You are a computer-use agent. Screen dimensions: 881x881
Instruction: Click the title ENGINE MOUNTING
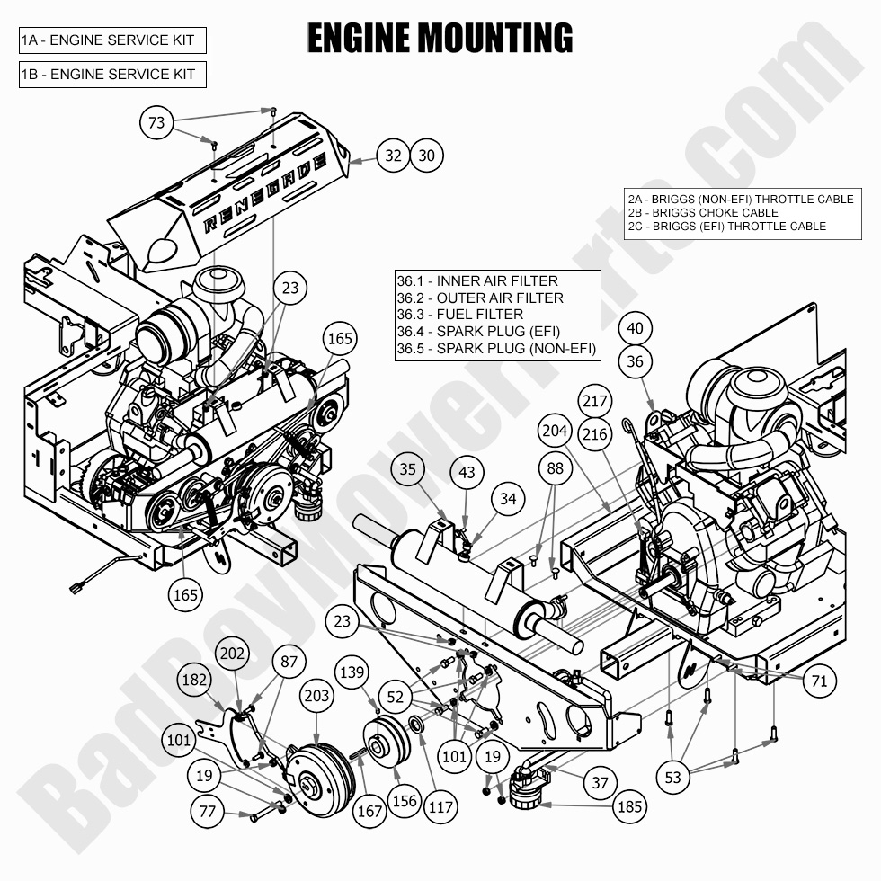point(440,39)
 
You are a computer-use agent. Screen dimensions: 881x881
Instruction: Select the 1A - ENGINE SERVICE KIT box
point(112,40)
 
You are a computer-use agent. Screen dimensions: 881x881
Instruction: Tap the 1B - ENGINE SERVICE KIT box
point(112,75)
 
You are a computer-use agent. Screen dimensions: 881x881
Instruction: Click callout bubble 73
point(157,123)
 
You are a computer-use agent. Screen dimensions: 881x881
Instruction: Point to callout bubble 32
point(393,156)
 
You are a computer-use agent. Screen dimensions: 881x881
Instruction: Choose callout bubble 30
point(427,156)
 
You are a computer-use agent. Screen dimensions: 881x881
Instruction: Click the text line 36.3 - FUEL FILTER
point(459,315)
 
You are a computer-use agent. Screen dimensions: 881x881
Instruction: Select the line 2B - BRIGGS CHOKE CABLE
point(702,213)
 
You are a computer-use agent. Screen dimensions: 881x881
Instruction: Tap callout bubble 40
point(636,328)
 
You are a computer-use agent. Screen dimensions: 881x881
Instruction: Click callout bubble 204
point(555,431)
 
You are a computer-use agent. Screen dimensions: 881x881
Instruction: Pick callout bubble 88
point(556,468)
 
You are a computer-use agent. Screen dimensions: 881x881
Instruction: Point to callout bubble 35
point(408,468)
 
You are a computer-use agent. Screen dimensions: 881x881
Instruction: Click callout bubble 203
point(317,695)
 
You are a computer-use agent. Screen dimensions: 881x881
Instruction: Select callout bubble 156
point(405,800)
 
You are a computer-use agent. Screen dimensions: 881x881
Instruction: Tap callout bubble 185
point(629,806)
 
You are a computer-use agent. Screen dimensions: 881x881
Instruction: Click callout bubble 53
point(673,778)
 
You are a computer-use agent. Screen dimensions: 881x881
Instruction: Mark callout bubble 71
point(819,681)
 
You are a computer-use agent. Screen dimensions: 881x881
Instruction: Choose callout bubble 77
point(209,813)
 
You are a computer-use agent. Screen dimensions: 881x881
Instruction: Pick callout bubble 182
point(195,681)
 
